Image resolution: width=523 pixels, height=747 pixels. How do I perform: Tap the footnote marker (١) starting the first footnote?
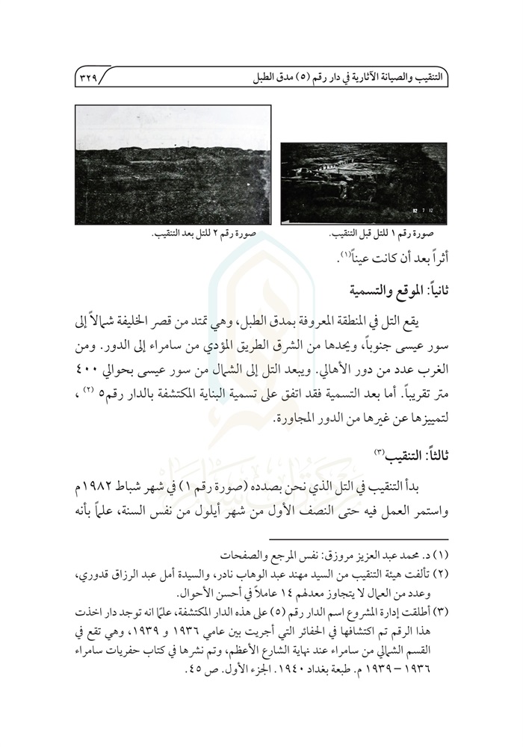tap(440, 557)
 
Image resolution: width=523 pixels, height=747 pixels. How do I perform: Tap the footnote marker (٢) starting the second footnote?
tap(440, 575)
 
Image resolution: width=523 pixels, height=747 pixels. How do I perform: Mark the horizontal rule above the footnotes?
tap(359, 539)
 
